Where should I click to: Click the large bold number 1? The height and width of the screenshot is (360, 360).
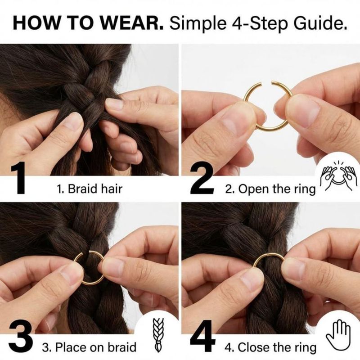[x=18, y=178]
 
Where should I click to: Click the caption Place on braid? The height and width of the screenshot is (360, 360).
[x=96, y=347]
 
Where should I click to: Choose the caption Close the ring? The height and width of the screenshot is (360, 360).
[x=277, y=347]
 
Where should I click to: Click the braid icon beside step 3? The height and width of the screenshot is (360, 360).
[x=158, y=335]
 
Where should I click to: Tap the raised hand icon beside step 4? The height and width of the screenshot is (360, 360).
[x=339, y=335]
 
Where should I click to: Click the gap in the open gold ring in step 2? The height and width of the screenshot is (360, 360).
[x=266, y=82]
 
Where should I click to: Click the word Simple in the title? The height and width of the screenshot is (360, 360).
[x=197, y=24]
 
